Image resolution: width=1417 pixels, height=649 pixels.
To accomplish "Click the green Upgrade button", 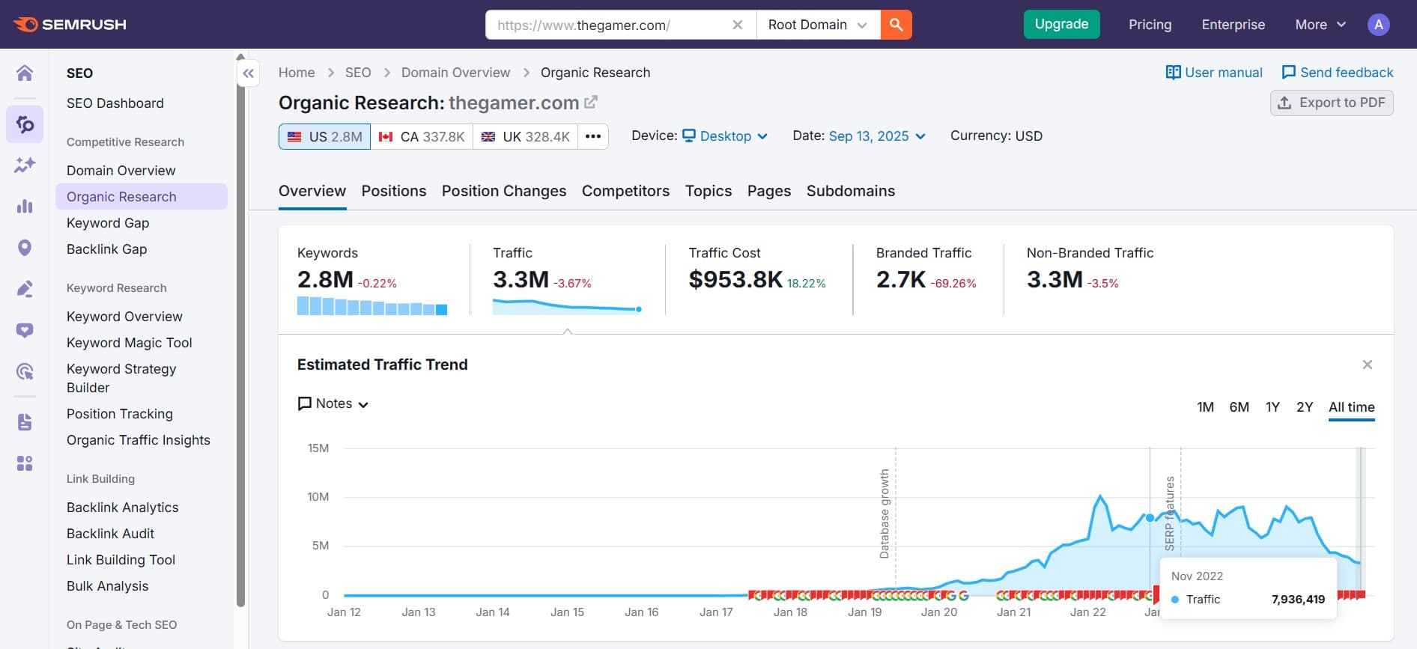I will (x=1061, y=24).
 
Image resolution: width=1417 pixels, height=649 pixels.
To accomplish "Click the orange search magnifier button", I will (x=896, y=25).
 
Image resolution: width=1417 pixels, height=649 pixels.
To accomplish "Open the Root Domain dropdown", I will (x=817, y=25).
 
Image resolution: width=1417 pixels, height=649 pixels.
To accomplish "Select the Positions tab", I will (x=393, y=191).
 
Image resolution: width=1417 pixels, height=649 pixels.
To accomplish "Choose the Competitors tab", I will (x=625, y=191).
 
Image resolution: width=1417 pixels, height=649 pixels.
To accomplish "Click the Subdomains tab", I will (x=850, y=191).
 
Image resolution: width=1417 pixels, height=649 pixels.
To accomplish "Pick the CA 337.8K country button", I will (x=422, y=136).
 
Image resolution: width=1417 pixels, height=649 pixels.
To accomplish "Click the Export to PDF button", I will (x=1332, y=103).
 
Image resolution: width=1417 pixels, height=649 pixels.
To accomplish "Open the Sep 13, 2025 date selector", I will (x=876, y=136).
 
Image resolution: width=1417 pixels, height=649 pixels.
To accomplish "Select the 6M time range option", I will (x=1239, y=407).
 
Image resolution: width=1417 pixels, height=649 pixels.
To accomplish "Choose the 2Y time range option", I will (x=1305, y=407).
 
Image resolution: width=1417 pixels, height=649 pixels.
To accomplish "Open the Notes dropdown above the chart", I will (x=333, y=403).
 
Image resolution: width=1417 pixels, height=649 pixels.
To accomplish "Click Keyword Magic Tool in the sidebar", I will (x=129, y=343).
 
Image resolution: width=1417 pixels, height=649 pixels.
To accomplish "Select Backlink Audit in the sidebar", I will (x=110, y=534).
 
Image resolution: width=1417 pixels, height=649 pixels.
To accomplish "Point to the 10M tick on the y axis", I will (x=318, y=497).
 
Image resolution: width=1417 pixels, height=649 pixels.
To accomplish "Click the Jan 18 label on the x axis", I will (x=790, y=612).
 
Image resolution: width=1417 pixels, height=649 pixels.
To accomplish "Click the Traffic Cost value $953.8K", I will (x=735, y=280).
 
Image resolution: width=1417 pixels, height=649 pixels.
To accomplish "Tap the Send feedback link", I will (x=1338, y=73).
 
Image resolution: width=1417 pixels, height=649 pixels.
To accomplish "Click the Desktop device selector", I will (x=724, y=136).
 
